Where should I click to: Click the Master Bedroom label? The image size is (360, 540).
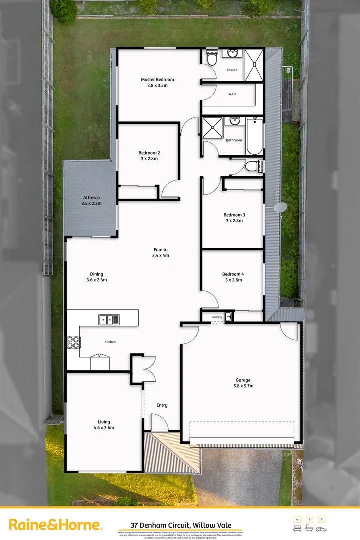point(157,80)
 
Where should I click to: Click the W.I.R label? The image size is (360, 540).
point(232,94)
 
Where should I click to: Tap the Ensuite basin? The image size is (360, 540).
point(232,53)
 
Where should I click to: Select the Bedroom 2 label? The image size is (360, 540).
point(149,153)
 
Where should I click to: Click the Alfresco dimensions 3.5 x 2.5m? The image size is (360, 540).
point(92,204)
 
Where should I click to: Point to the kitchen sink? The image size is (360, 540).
point(108,319)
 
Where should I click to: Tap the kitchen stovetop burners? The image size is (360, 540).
point(73,342)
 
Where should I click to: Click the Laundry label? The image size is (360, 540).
point(216,317)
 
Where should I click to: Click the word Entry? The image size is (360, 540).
point(162,405)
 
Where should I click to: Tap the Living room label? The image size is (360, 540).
point(104,422)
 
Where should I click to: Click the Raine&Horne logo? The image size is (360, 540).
point(56,525)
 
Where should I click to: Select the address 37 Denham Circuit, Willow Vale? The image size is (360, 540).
point(180,525)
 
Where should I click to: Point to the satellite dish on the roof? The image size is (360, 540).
point(281,207)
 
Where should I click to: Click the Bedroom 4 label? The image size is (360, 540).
point(233,274)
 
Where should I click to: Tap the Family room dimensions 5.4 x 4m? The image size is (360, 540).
point(161,255)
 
